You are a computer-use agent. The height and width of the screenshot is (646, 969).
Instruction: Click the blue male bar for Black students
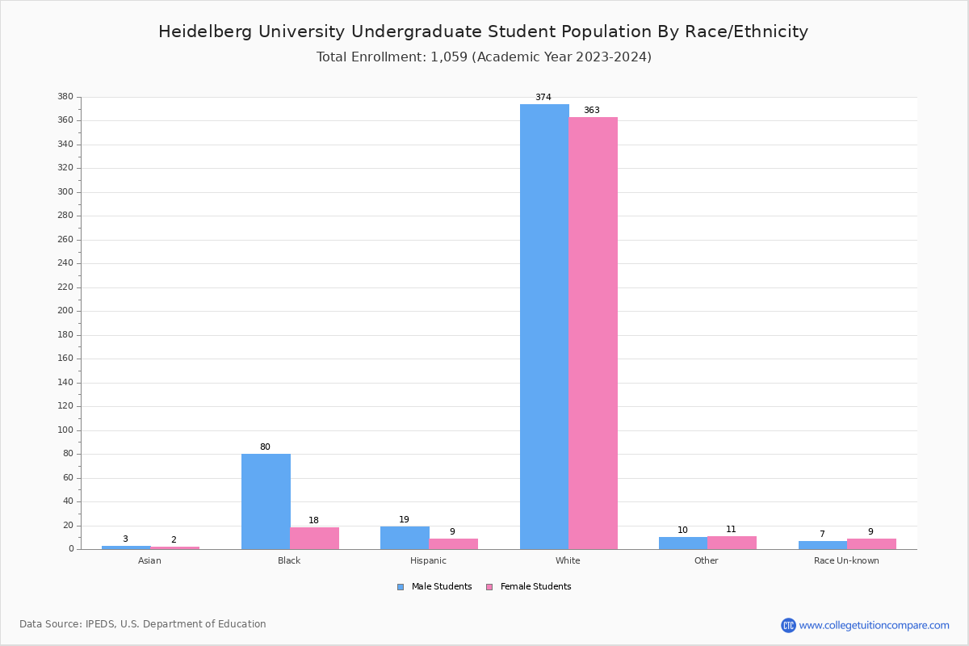tap(266, 501)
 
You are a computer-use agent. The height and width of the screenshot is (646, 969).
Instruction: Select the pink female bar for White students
tap(593, 333)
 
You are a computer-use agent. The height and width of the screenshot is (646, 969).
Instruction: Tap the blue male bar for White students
tap(544, 326)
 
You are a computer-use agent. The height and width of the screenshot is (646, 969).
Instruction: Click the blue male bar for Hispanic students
tap(405, 538)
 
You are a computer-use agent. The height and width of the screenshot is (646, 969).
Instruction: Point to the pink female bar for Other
tap(732, 543)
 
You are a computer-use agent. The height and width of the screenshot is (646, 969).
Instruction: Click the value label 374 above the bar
tap(543, 98)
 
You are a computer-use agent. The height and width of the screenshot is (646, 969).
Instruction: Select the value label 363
tap(592, 111)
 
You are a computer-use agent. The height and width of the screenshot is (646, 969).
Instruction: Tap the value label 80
tap(265, 447)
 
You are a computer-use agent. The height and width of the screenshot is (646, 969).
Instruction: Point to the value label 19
tap(404, 520)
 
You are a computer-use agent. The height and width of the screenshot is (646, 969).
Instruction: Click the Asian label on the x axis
tap(149, 560)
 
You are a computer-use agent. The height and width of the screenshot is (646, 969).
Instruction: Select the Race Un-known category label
tap(846, 560)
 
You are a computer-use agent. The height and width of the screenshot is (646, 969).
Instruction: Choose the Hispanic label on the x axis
tap(428, 560)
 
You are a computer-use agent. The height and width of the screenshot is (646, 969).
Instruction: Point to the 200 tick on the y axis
tap(65, 311)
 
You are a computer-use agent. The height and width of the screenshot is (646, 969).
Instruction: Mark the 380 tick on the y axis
tap(65, 97)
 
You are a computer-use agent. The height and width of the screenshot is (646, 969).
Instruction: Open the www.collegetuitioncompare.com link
tap(874, 625)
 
